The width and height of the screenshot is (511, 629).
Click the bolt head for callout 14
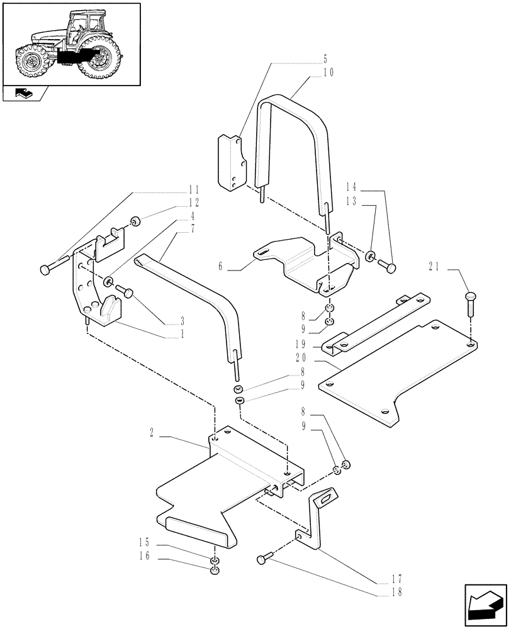coord(391,269)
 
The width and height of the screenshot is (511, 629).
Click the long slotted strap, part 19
coord(378,321)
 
